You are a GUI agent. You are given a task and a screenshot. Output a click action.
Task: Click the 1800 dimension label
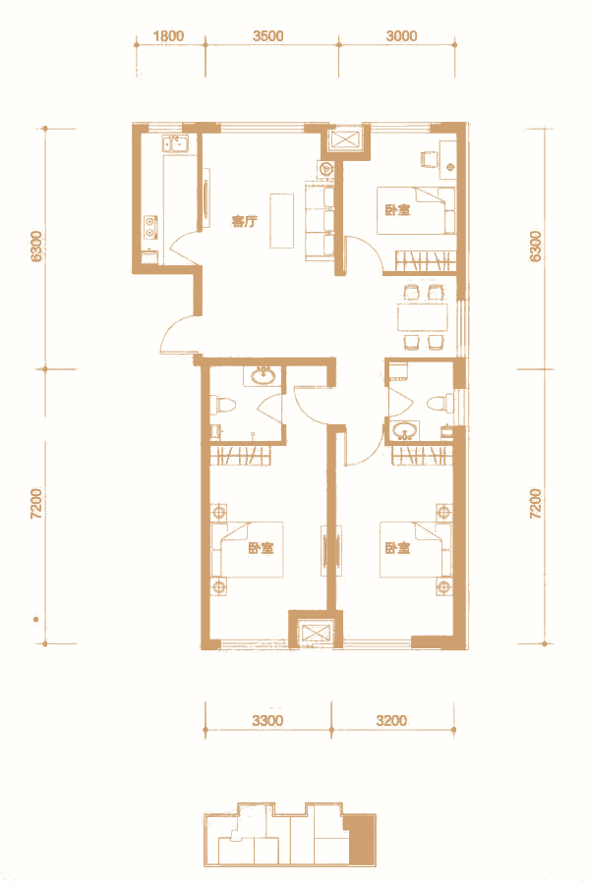pyautogui.click(x=168, y=36)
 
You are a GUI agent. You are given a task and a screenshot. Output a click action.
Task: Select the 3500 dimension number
pyautogui.click(x=267, y=36)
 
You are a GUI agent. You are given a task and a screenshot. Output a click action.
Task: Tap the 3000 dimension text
pyautogui.click(x=401, y=36)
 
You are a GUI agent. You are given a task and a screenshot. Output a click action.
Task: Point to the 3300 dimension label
pyautogui.click(x=267, y=721)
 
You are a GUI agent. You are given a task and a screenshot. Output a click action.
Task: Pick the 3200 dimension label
pyautogui.click(x=391, y=721)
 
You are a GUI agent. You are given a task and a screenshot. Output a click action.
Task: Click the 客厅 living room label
pyautogui.click(x=244, y=221)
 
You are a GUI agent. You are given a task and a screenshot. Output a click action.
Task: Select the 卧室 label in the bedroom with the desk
pyautogui.click(x=397, y=210)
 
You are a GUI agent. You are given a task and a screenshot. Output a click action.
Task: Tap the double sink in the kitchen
pyautogui.click(x=176, y=143)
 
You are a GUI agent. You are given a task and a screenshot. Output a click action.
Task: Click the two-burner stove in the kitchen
pyautogui.click(x=150, y=226)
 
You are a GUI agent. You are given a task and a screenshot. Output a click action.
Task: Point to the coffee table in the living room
pyautogui.click(x=282, y=220)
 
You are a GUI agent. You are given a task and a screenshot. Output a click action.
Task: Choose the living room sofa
pyautogui.click(x=321, y=221)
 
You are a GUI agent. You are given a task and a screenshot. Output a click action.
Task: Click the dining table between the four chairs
pyautogui.click(x=422, y=317)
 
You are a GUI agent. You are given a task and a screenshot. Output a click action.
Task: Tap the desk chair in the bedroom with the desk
pyautogui.click(x=429, y=158)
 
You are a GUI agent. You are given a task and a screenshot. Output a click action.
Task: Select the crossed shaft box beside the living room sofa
pyautogui.click(x=344, y=139)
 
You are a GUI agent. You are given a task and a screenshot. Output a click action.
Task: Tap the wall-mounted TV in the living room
pyautogui.click(x=206, y=196)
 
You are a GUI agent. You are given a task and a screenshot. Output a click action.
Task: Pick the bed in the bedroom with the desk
pyautogui.click(x=417, y=210)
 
